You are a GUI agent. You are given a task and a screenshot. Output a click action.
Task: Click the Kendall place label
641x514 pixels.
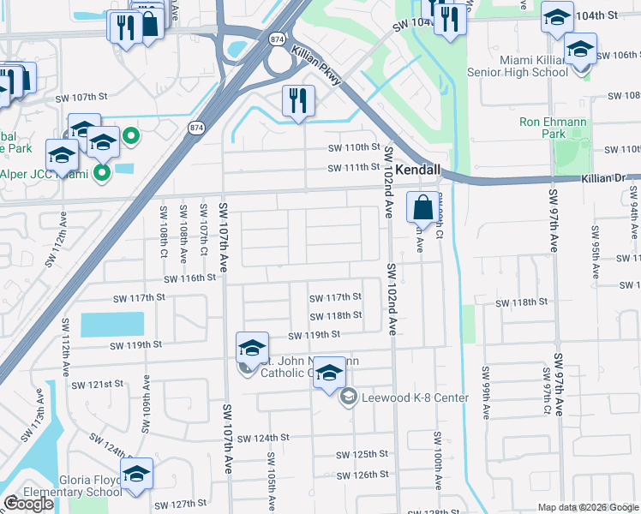pos(417,170)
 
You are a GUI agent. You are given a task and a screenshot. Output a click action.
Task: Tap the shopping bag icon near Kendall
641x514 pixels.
pos(423,207)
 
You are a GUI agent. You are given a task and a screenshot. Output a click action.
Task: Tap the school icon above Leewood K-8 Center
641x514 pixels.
pos(329,374)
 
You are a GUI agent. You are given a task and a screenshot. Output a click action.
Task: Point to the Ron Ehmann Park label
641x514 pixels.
pos(554,128)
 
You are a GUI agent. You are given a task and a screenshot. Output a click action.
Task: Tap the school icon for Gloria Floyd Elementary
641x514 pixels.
pos(136,475)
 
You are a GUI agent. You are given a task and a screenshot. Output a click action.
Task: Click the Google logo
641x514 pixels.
pos(27,504)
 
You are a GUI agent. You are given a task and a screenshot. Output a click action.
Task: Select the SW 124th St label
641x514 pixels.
pos(263,438)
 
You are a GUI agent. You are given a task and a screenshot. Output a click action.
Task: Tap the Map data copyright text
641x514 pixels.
pos(588,507)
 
